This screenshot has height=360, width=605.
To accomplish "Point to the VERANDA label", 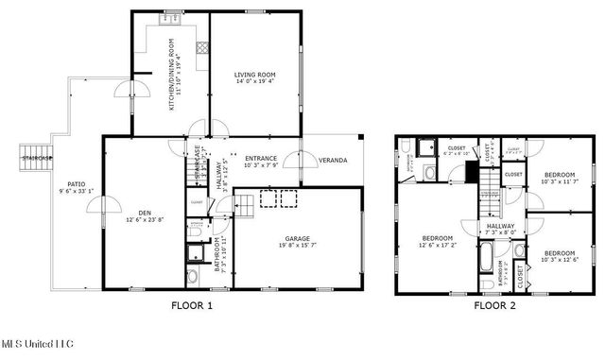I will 332,160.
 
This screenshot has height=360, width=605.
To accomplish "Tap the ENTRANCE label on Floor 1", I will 261,158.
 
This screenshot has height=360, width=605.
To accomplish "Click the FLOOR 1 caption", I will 192,305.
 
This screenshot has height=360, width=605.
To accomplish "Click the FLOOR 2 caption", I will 494,305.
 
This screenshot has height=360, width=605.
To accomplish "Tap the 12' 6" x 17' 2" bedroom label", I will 437,237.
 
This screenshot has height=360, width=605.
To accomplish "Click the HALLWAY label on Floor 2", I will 501,226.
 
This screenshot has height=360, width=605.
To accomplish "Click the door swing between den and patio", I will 106,205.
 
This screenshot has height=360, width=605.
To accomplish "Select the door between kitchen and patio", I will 124,91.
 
